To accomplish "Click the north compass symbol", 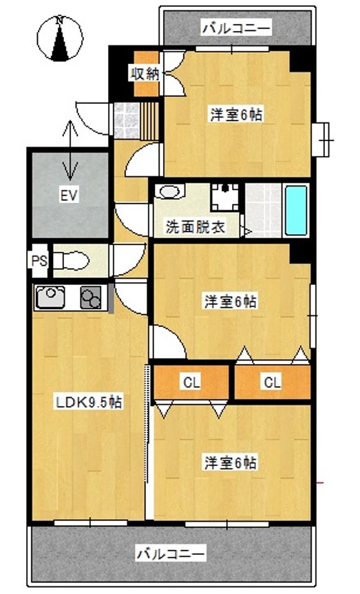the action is tap(59, 39).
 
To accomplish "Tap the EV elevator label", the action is tap(69, 196).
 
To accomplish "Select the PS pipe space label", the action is tap(39, 261).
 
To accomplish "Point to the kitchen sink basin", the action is tap(50, 296).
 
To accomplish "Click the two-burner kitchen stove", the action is tap(91, 297).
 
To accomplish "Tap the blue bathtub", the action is tap(296, 210).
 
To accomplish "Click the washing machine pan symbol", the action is tap(225, 197).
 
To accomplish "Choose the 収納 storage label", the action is tap(145, 74).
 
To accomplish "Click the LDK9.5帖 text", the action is tap(89, 402).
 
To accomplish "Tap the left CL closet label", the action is tap(191, 382).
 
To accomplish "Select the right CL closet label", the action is tap(273, 382).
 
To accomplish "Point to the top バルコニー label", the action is tap(237, 28).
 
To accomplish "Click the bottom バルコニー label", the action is tap(171, 554).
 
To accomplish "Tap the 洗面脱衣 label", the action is tap(195, 226).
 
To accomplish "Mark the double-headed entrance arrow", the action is tap(70, 150).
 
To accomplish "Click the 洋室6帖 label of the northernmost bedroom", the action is tap(237, 114).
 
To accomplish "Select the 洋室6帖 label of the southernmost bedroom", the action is tap(231, 463).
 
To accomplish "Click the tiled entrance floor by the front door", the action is tap(127, 120).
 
